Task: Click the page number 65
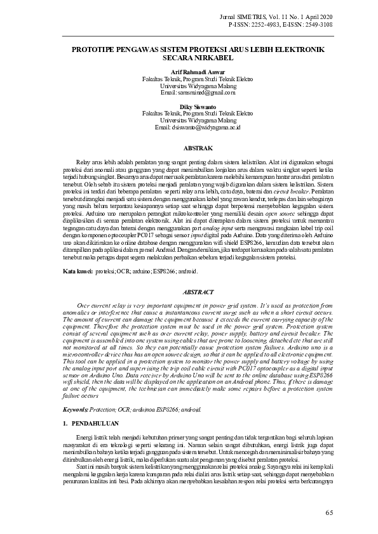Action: point(328,512)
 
